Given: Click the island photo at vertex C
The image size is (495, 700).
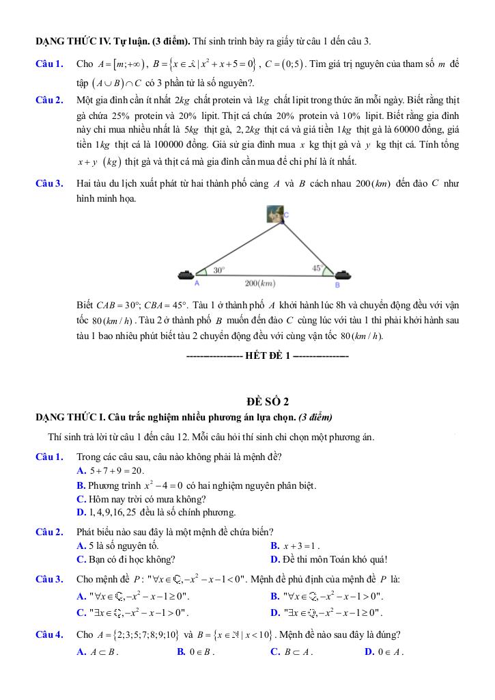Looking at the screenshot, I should (x=274, y=214).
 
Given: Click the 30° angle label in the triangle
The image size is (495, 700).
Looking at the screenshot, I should (x=219, y=270).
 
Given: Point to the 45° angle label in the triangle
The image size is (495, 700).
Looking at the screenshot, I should (x=317, y=269).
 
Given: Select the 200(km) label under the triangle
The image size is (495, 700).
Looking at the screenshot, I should (x=260, y=283).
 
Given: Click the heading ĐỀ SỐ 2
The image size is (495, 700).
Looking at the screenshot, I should (x=268, y=401).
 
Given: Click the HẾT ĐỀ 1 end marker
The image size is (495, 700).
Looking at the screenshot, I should (x=268, y=356).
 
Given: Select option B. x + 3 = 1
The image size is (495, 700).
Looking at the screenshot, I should (x=295, y=546).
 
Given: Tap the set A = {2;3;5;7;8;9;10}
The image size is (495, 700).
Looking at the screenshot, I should (x=126, y=634).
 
